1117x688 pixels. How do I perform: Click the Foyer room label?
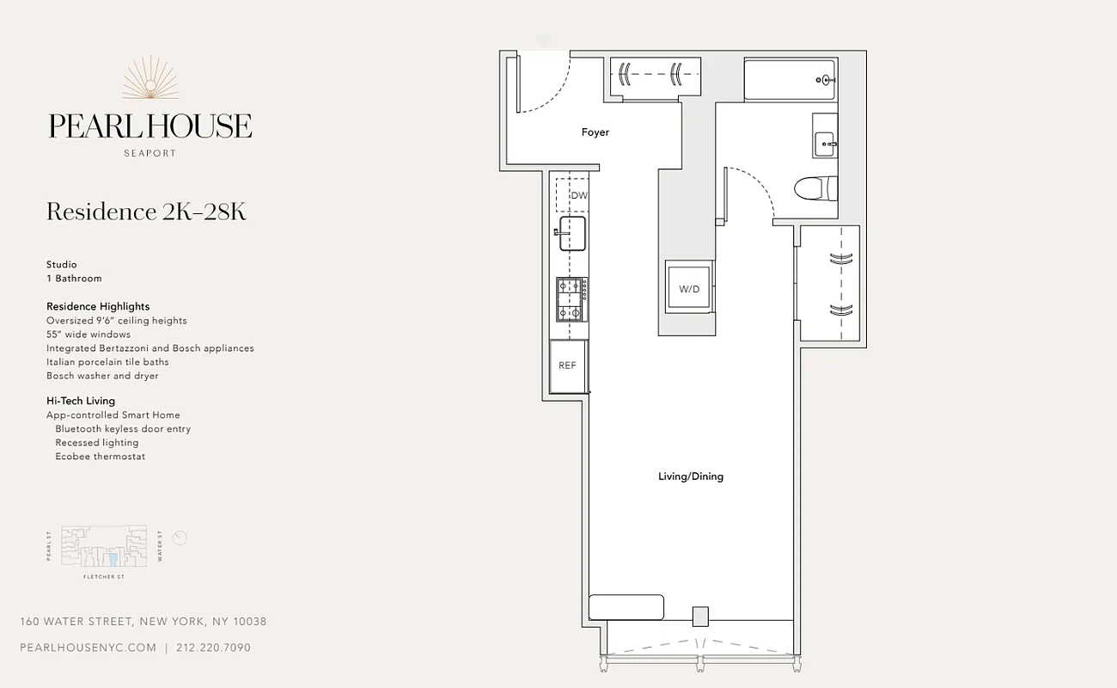tap(595, 132)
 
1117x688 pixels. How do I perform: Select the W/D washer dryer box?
tap(689, 289)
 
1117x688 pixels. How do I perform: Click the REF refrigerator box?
tap(568, 366)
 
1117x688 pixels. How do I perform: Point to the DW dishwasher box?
tap(573, 195)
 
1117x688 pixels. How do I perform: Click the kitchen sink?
tap(572, 233)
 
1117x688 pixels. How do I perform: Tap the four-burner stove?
tap(571, 298)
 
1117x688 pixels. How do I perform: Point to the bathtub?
tap(789, 81)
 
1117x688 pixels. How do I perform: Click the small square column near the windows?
tap(700, 616)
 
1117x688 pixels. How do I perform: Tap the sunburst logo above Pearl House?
tap(150, 78)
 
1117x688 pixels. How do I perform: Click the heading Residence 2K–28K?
tap(146, 212)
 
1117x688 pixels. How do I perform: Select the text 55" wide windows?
tap(89, 335)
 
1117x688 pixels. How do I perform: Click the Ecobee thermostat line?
tap(100, 457)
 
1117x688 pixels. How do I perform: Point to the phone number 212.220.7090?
tap(213, 648)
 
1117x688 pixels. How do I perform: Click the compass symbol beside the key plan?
tap(180, 538)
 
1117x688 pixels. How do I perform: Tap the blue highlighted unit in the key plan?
tap(113, 559)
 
